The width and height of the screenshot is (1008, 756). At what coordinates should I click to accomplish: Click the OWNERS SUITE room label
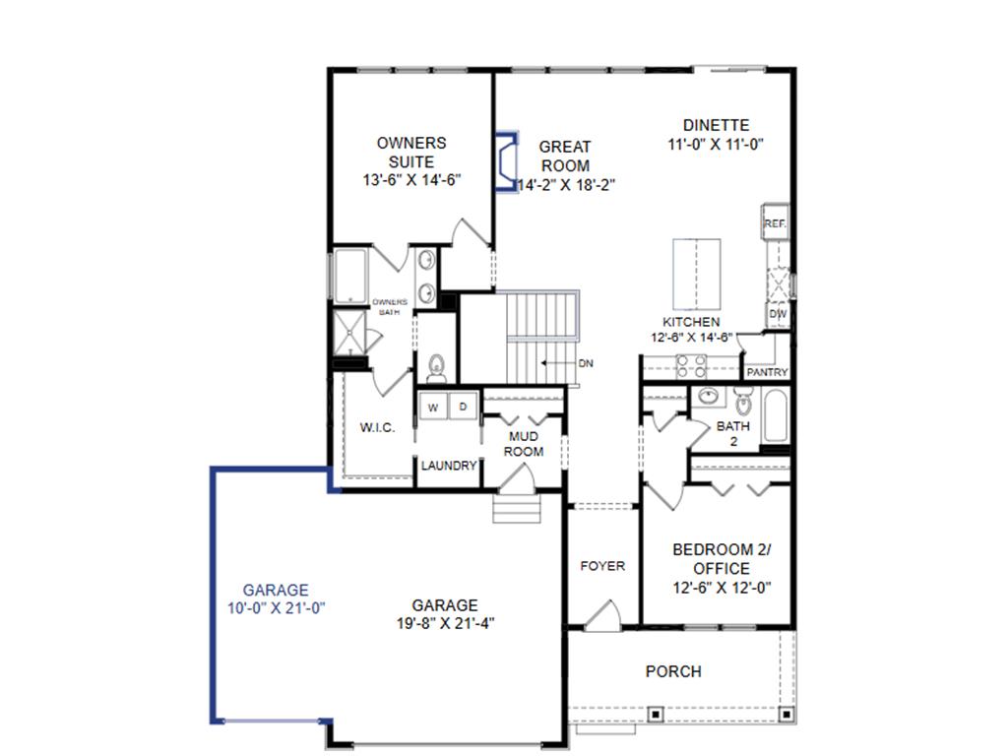(411, 153)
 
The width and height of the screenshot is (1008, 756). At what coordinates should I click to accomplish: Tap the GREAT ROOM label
(565, 157)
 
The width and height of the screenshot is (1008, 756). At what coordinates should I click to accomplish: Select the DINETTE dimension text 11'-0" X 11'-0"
(716, 144)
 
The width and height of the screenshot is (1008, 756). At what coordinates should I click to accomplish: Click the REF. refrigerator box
(775, 223)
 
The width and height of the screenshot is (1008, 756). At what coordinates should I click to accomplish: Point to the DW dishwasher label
(777, 314)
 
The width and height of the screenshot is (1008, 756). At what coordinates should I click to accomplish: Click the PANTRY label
(767, 373)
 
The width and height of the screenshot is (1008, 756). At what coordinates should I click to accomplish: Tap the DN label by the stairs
(587, 363)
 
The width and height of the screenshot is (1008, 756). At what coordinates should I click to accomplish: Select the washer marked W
(431, 406)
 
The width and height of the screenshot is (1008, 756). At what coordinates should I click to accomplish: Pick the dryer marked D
(463, 406)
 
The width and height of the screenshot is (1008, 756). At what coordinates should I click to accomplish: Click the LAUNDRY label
(449, 466)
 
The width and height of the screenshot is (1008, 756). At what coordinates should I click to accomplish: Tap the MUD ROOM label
(524, 443)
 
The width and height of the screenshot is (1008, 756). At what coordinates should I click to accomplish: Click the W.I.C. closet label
(378, 427)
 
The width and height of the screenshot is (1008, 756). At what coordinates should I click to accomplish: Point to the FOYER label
(602, 566)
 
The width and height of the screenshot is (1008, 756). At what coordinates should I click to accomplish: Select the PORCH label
(673, 671)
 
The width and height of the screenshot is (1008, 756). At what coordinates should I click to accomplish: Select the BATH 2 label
(732, 434)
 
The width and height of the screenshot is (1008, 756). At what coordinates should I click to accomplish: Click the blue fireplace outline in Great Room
(507, 162)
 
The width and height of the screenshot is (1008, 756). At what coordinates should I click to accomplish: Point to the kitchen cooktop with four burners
(690, 365)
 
